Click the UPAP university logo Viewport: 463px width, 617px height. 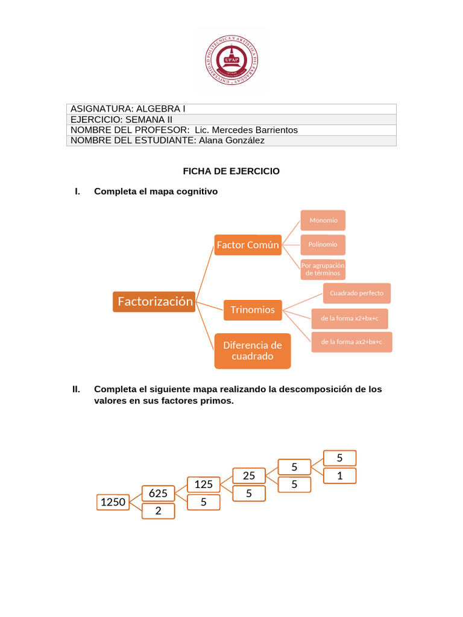(231, 60)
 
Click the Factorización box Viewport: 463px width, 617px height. (154, 301)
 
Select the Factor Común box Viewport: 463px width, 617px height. (248, 245)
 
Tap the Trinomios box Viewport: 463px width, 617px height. (253, 310)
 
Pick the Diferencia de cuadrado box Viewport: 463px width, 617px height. (253, 351)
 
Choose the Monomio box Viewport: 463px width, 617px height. (323, 221)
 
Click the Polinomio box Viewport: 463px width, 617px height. (323, 245)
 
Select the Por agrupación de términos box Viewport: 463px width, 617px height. (323, 269)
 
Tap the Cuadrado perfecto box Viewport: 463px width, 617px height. (357, 293)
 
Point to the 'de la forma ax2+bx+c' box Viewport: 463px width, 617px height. (351, 342)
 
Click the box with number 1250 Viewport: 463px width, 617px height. (113, 502)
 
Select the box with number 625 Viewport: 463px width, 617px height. (158, 493)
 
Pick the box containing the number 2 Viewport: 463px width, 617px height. (158, 511)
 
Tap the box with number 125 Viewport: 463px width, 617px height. (204, 484)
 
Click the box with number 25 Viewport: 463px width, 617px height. (249, 476)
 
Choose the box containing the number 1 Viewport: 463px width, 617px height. (339, 476)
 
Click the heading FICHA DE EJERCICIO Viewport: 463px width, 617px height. (231, 171)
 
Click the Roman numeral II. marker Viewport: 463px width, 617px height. (77, 389)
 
